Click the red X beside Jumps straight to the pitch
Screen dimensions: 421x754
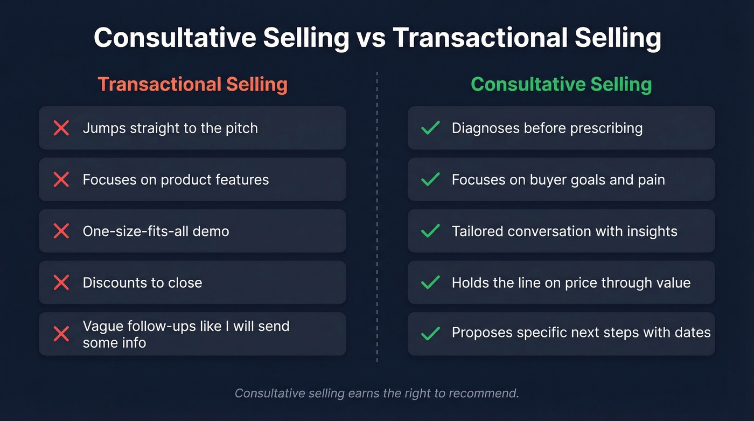tap(61, 128)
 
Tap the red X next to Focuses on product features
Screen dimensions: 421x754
tap(61, 180)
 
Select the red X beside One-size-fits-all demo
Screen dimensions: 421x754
tap(61, 231)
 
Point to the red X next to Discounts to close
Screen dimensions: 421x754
tap(61, 282)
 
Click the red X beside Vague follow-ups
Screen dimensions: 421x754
tap(61, 334)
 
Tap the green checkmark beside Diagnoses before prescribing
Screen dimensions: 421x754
tap(430, 128)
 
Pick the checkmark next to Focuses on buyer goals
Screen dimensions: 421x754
tap(430, 180)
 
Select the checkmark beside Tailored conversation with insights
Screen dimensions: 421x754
tap(430, 231)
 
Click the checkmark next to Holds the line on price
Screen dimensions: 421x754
tap(430, 282)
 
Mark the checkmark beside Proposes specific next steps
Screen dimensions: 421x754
tap(430, 334)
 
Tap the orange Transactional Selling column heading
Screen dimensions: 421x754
tap(192, 85)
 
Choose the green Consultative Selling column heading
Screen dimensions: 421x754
tap(561, 85)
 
